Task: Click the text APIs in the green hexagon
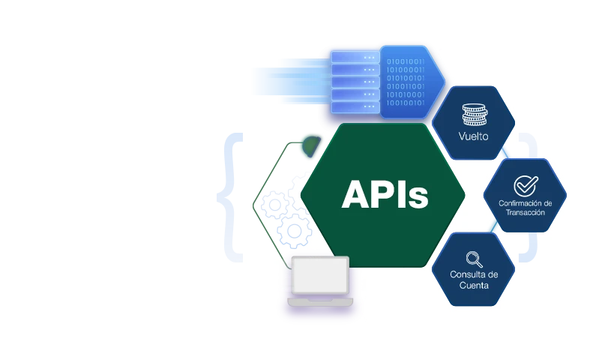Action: point(385,194)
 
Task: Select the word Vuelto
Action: point(474,137)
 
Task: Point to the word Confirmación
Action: point(525,203)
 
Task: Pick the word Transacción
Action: point(525,213)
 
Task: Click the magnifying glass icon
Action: point(474,259)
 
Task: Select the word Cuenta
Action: point(474,285)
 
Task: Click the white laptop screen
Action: point(320,274)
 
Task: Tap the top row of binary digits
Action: point(405,61)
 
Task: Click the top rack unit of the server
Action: point(352,57)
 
